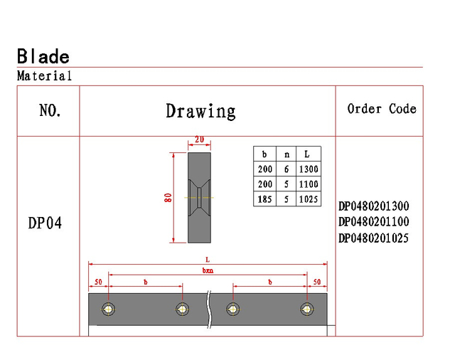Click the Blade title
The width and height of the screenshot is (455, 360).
click(43, 56)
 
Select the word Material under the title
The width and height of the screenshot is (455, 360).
click(44, 76)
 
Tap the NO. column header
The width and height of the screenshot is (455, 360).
click(50, 110)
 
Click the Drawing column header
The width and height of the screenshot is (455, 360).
click(200, 111)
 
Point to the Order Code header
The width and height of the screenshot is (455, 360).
click(382, 109)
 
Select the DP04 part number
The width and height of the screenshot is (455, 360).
click(45, 223)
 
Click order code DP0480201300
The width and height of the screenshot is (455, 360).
click(374, 206)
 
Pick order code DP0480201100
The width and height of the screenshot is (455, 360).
click(374, 222)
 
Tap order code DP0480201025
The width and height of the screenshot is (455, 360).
click(373, 238)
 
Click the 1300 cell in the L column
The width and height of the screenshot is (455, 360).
click(309, 169)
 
